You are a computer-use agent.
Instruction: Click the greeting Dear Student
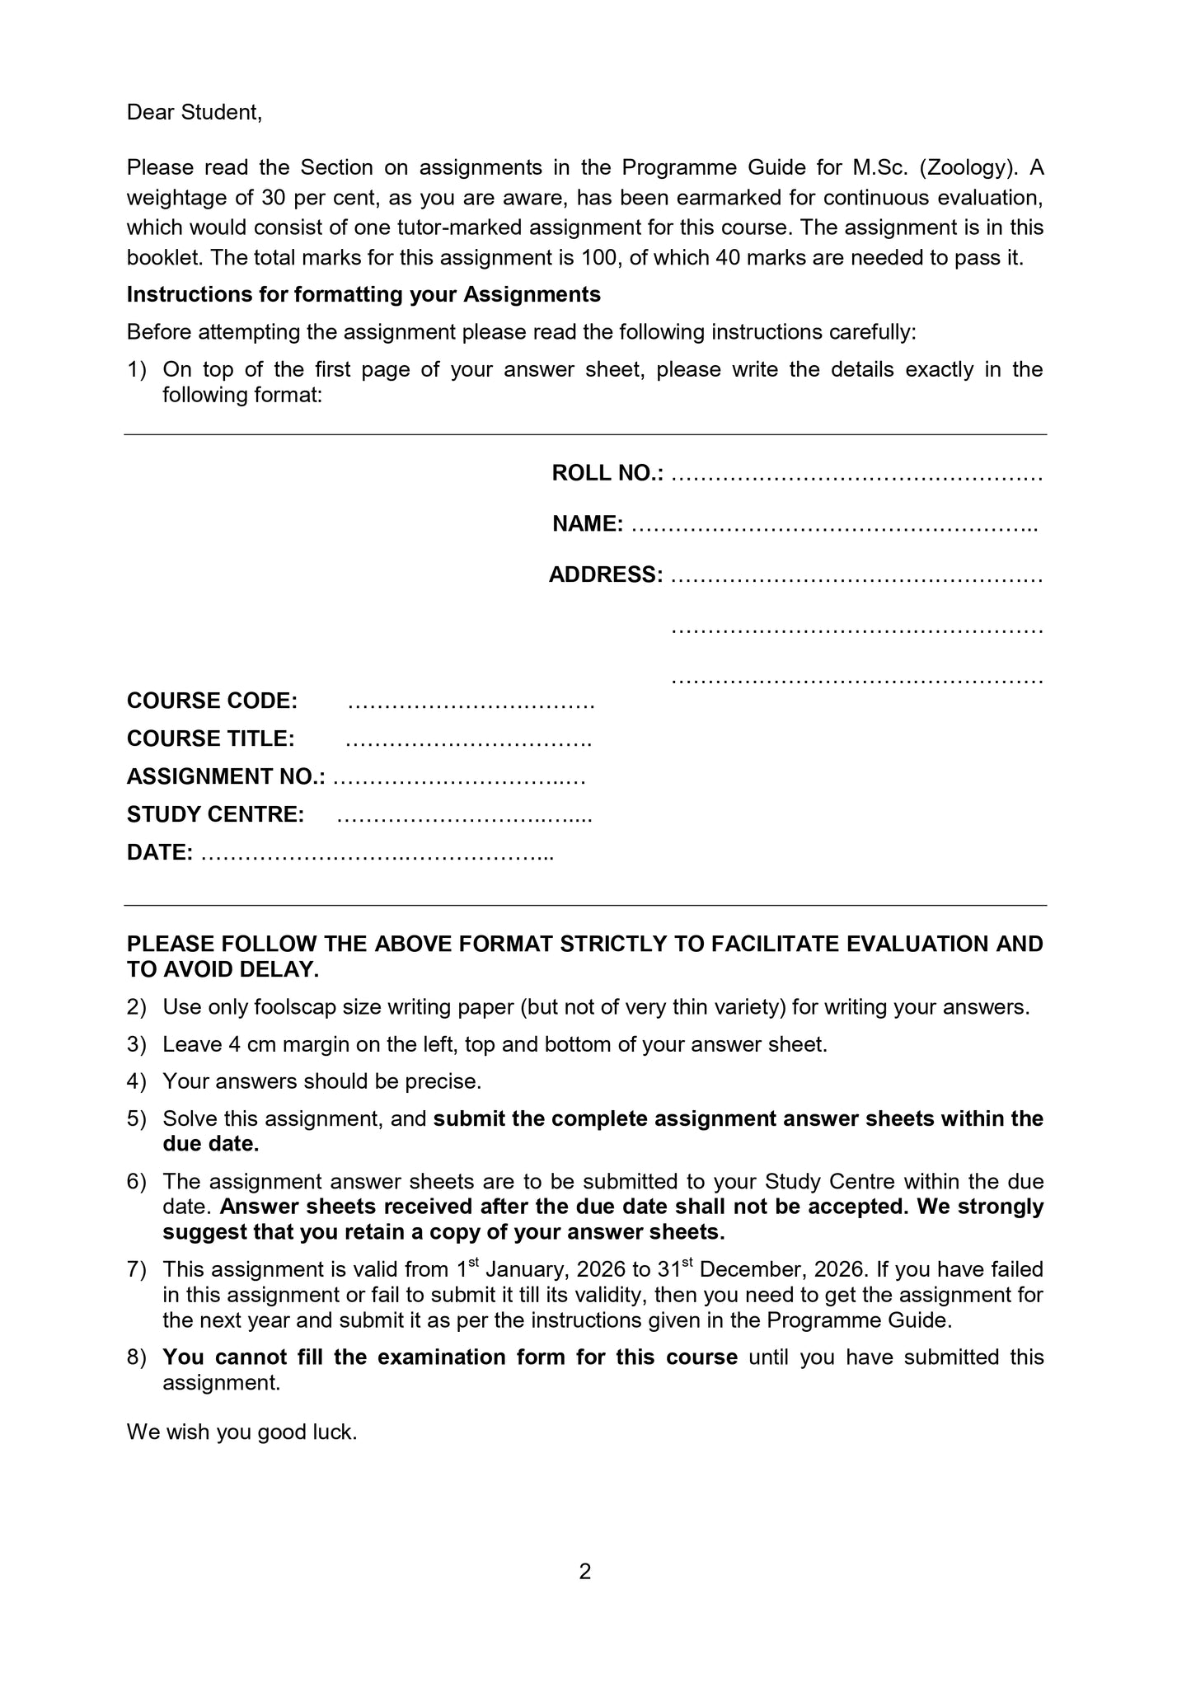pyautogui.click(x=194, y=113)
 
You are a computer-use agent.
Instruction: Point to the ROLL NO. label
pyautogui.click(x=607, y=474)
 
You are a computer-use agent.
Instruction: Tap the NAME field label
pyautogui.click(x=588, y=524)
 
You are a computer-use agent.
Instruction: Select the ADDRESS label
pyautogui.click(x=606, y=575)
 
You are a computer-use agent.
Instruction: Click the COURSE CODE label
pyautogui.click(x=212, y=701)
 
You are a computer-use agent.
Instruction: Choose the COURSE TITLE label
pyautogui.click(x=210, y=739)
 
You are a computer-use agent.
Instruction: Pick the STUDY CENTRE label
pyautogui.click(x=215, y=815)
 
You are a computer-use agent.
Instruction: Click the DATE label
pyautogui.click(x=160, y=853)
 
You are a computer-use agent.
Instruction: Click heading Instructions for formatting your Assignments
pyautogui.click(x=363, y=295)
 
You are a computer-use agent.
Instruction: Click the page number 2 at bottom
pyautogui.click(x=585, y=1573)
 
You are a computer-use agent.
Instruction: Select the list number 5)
pyautogui.click(x=136, y=1119)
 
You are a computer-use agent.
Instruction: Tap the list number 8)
pyautogui.click(x=136, y=1357)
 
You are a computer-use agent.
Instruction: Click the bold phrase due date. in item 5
pyautogui.click(x=210, y=1144)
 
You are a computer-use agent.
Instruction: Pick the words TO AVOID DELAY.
pyautogui.click(x=223, y=970)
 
